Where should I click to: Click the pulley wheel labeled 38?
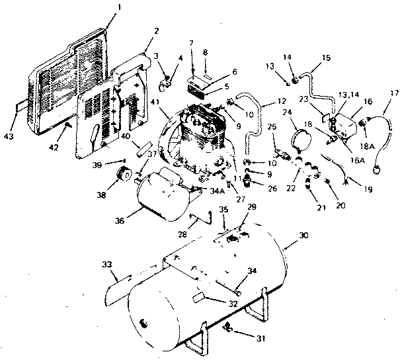point(122,175)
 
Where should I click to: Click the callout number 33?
point(107,264)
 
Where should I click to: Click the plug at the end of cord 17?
point(379,166)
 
